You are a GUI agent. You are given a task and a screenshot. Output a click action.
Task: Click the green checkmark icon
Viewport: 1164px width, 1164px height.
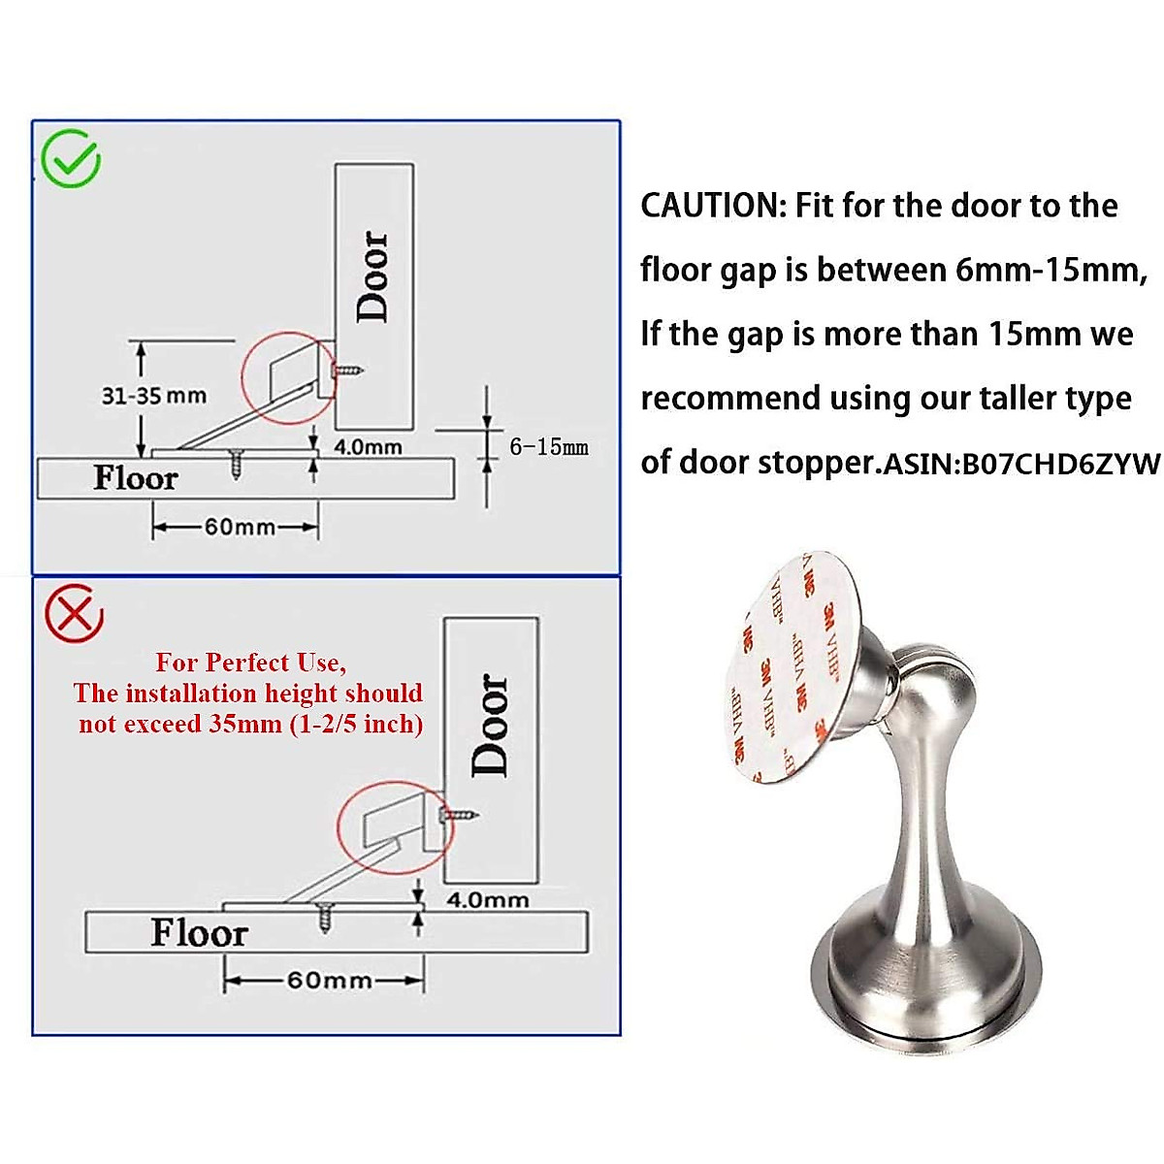click(x=71, y=159)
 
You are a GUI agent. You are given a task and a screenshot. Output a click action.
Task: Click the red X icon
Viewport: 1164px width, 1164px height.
click(x=75, y=613)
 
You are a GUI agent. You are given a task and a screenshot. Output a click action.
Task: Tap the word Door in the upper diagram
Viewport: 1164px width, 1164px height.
click(x=373, y=275)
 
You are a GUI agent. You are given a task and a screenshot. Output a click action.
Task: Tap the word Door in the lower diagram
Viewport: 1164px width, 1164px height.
click(x=490, y=725)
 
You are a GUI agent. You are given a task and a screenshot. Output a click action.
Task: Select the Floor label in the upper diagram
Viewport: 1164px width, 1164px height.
click(x=135, y=478)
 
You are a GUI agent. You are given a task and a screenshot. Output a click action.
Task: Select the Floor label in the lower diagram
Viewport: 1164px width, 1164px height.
click(x=199, y=932)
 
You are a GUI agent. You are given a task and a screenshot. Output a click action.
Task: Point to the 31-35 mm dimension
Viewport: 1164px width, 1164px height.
click(x=153, y=395)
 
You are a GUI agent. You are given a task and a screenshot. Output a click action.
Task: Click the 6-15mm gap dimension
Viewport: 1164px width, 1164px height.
click(x=549, y=446)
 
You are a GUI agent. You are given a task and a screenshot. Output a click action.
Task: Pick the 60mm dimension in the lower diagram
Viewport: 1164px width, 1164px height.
click(x=329, y=980)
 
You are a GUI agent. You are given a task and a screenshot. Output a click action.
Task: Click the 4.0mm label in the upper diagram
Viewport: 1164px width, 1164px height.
click(x=368, y=447)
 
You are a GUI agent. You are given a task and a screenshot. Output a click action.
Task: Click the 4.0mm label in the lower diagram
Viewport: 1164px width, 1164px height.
click(x=487, y=899)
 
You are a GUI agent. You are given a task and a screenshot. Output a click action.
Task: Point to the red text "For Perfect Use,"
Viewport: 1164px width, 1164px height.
click(x=249, y=663)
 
